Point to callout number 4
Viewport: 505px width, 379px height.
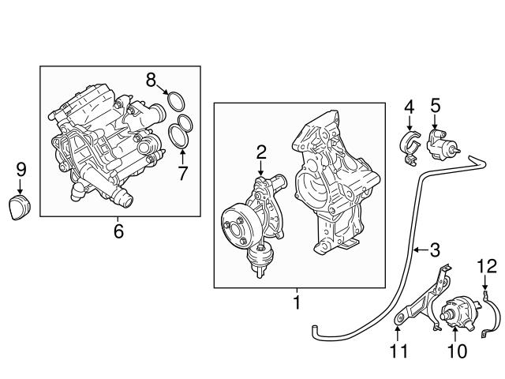409,107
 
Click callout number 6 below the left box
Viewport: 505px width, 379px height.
119,231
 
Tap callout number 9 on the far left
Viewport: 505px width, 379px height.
21,169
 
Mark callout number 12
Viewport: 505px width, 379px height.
487,265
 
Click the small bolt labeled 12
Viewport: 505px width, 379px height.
485,298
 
